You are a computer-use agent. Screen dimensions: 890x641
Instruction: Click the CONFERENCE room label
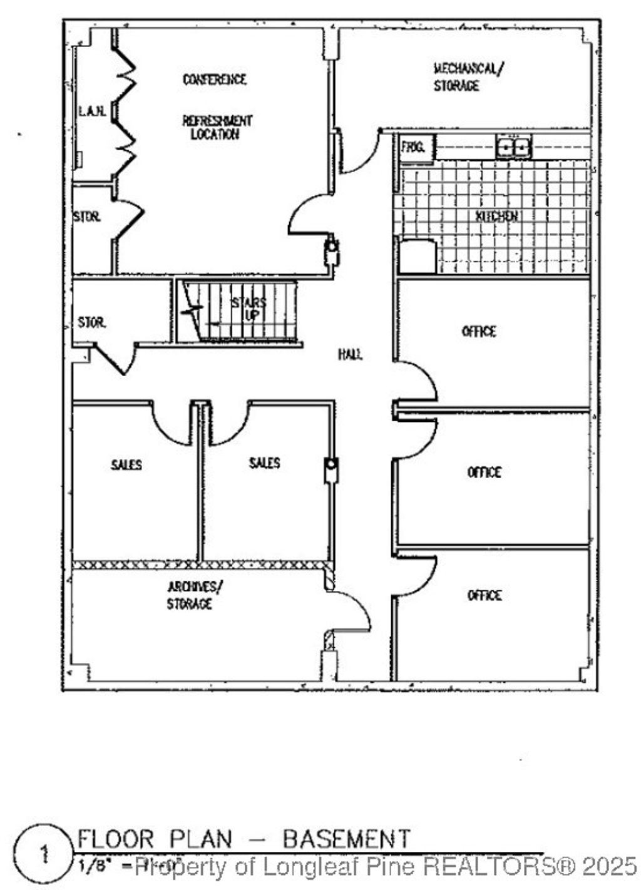[x=214, y=79]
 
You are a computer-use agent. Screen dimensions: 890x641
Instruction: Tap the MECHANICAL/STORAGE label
[x=467, y=76]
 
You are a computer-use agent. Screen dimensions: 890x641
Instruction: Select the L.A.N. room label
[x=92, y=111]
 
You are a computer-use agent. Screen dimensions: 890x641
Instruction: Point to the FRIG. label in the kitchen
[x=413, y=148]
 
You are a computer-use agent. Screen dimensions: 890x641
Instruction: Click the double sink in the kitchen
[x=513, y=147]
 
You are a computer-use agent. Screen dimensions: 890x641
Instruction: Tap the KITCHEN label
[x=496, y=217]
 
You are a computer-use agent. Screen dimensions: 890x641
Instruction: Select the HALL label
[x=350, y=354]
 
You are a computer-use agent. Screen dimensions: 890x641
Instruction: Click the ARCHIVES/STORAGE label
[x=194, y=595]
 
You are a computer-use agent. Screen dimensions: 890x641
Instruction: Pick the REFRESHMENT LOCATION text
[x=217, y=127]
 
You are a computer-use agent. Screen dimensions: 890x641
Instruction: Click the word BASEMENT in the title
[x=346, y=839]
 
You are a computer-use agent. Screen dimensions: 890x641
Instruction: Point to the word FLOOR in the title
[x=115, y=839]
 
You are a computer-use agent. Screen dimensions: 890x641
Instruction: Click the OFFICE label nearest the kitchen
[x=479, y=331]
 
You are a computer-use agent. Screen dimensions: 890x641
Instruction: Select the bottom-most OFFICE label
[x=484, y=595]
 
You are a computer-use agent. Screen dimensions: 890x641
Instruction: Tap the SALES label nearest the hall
[x=264, y=463]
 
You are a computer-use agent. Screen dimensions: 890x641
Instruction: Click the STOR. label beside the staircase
[x=91, y=323]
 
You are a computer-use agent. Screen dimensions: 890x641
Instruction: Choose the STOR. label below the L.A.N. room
[x=86, y=217]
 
